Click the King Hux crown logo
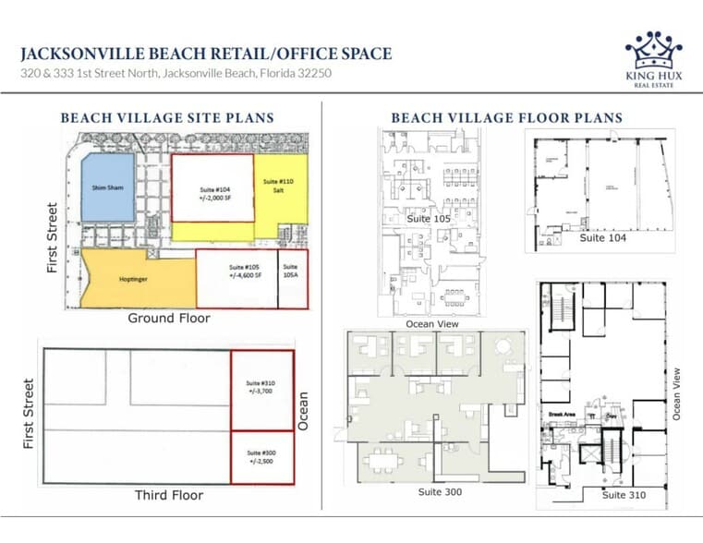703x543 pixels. coord(653,52)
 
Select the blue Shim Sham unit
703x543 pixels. coord(107,187)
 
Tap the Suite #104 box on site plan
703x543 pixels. coord(212,187)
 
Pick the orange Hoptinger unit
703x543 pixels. coord(139,276)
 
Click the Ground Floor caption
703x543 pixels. coord(168,319)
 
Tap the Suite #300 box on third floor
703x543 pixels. coord(261,456)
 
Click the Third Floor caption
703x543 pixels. coord(168,495)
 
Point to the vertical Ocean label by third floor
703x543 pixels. coord(304,412)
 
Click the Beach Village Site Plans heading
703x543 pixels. coord(166,118)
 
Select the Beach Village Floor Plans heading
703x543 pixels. coord(506,118)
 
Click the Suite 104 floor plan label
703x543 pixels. coord(603,237)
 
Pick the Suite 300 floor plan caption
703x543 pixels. coord(440,491)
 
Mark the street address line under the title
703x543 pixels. coord(176,73)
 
